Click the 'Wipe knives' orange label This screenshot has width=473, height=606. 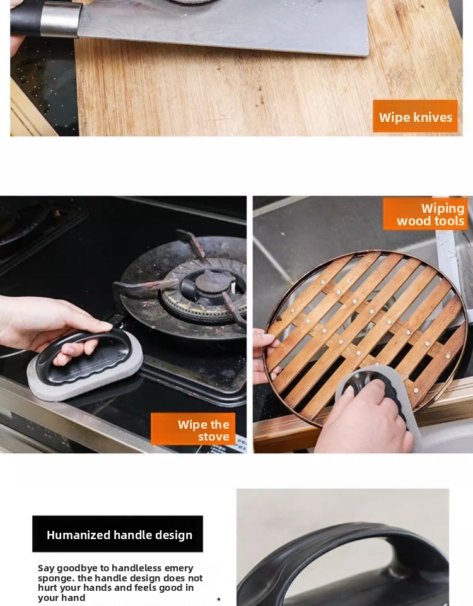pos(415,116)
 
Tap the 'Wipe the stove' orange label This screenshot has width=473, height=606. pos(193,429)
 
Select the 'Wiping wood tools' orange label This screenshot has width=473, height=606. pos(426,214)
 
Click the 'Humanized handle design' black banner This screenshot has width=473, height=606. pos(118,534)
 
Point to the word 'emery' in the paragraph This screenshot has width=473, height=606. pos(178,567)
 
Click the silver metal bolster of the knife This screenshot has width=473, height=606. pos(61,19)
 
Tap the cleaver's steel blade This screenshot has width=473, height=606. pos(224,25)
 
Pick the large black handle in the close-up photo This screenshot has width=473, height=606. pos(344,561)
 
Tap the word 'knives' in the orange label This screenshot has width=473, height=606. pos(433,117)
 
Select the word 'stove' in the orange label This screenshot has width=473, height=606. pos(214,437)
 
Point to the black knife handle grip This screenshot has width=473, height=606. pos(25,18)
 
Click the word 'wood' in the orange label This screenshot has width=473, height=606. pos(412,221)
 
